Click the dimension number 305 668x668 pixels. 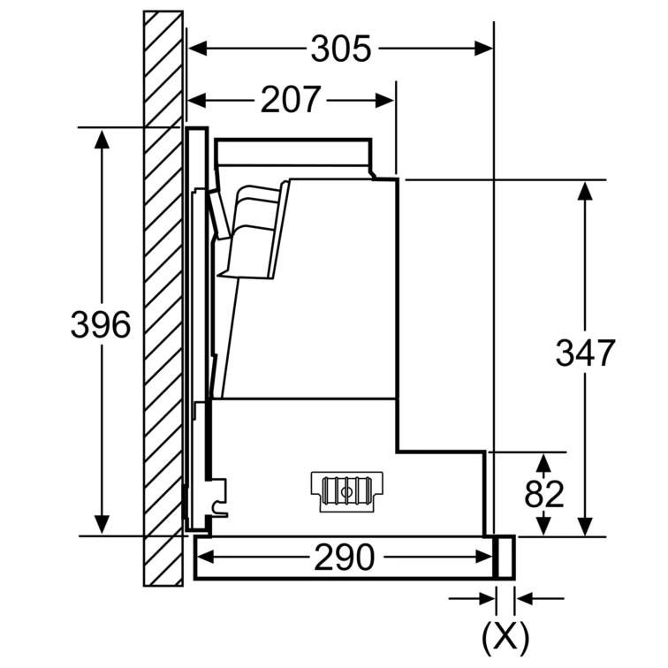pos(341,49)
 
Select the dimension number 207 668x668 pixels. pos(290,100)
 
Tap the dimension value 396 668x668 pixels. pos(101,324)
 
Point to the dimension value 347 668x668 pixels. pos(585,353)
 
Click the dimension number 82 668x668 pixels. pos(544,494)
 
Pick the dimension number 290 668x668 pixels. pos(345,558)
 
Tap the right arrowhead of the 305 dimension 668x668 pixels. pos(484,49)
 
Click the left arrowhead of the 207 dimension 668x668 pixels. pos(197,101)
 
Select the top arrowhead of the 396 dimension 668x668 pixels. pos(102,140)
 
